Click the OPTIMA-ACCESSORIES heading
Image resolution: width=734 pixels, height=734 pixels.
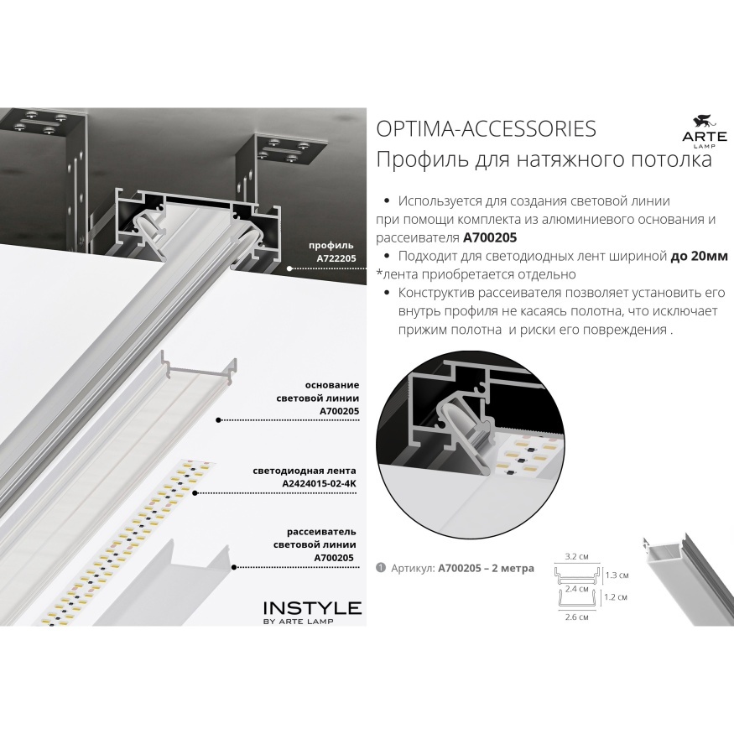[x=486, y=128]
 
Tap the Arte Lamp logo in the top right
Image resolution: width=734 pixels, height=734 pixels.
[x=704, y=132]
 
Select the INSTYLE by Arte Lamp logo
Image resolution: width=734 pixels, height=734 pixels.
[x=312, y=612]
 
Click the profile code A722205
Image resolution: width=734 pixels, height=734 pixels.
[x=336, y=258]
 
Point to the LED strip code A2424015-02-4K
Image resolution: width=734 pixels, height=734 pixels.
[x=319, y=483]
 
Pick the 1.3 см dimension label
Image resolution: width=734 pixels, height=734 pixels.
[x=617, y=575]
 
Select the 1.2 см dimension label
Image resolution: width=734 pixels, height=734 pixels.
[x=615, y=597]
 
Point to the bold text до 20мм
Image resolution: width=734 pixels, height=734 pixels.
[x=700, y=256]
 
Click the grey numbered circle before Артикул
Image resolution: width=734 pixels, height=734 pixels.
[x=381, y=568]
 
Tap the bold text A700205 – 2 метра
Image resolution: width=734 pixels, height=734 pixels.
[x=486, y=568]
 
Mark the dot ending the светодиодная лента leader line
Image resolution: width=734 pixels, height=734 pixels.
[x=195, y=493]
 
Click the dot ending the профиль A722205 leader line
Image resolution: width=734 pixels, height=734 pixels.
[x=289, y=268]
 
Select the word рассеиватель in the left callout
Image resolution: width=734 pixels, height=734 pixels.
[x=321, y=532]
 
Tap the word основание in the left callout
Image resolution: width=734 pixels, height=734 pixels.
[x=332, y=385]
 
